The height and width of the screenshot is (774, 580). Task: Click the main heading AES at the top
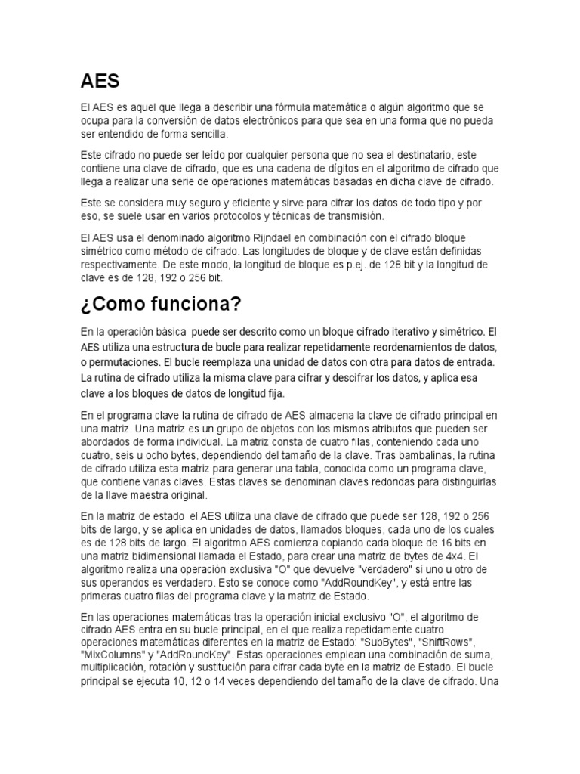point(100,80)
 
